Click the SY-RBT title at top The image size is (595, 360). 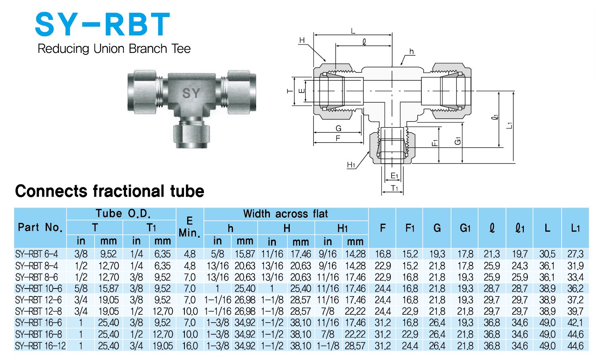[x=103, y=25]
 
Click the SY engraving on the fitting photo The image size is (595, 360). [x=191, y=93]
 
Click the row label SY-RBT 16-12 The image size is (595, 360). [x=40, y=346]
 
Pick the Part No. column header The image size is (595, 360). [x=40, y=227]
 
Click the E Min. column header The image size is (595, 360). [x=190, y=227]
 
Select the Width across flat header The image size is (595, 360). [x=285, y=214]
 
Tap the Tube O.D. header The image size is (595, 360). [x=123, y=214]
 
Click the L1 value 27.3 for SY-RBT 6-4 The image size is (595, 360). [x=575, y=254]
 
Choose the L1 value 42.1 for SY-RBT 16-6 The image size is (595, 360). [x=575, y=323]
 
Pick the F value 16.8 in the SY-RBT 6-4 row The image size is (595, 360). [x=383, y=254]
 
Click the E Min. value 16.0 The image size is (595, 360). [x=190, y=346]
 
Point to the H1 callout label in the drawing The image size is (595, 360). [x=351, y=165]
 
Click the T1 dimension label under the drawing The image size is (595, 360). [x=394, y=188]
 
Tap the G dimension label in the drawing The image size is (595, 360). [x=338, y=128]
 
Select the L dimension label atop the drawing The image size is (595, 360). [x=353, y=31]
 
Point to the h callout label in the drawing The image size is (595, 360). [x=411, y=52]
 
